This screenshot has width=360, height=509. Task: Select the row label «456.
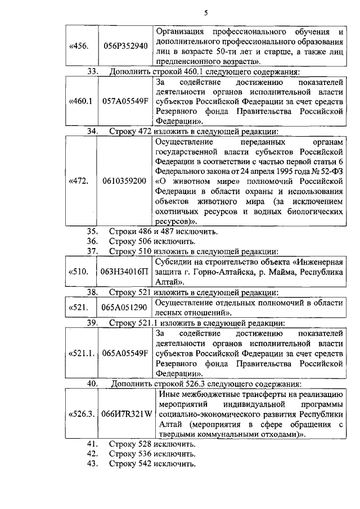point(78,46)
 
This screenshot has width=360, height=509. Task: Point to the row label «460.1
point(79,102)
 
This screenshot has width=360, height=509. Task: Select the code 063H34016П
point(125,272)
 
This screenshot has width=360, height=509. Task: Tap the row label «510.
point(78,272)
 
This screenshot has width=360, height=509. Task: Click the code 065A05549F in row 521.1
point(125,354)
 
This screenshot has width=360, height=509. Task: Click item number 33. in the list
point(94,71)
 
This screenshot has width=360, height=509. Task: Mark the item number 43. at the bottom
point(93,464)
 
